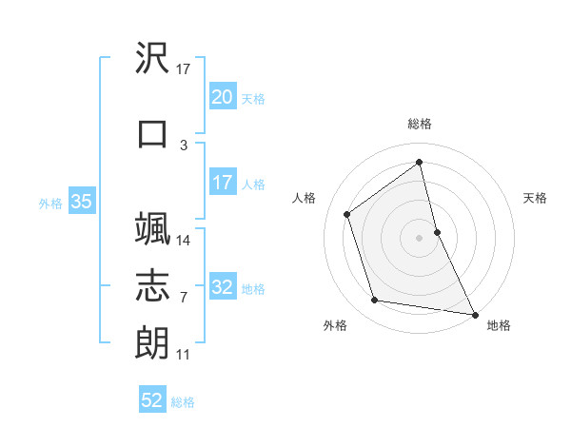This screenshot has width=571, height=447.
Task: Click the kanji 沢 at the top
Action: pyautogui.click(x=153, y=60)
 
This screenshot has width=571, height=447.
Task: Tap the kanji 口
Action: pyautogui.click(x=153, y=133)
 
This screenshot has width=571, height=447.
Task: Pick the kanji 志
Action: pyautogui.click(x=153, y=285)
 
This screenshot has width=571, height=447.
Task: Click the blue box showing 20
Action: pyautogui.click(x=223, y=97)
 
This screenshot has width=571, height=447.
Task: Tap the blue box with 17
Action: pyautogui.click(x=223, y=183)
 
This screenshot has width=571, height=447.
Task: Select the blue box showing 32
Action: pyautogui.click(x=223, y=288)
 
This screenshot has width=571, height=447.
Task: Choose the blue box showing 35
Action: pyautogui.click(x=81, y=202)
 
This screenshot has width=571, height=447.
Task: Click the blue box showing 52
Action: pyautogui.click(x=152, y=401)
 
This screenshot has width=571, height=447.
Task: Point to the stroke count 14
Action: pyautogui.click(x=184, y=240)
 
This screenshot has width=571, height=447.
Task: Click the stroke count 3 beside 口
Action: pyautogui.click(x=184, y=145)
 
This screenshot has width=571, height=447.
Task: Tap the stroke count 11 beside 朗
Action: pyautogui.click(x=184, y=355)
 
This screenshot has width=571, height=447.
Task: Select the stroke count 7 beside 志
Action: pyautogui.click(x=184, y=298)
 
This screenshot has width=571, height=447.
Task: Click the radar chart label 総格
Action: pyautogui.click(x=420, y=124)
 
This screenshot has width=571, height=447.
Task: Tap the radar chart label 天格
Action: pyautogui.click(x=535, y=198)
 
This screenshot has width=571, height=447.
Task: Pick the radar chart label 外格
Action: pyautogui.click(x=335, y=325)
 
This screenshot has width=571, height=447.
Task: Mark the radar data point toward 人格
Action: pyautogui.click(x=347, y=214)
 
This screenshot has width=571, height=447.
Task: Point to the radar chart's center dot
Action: pyautogui.click(x=420, y=237)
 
